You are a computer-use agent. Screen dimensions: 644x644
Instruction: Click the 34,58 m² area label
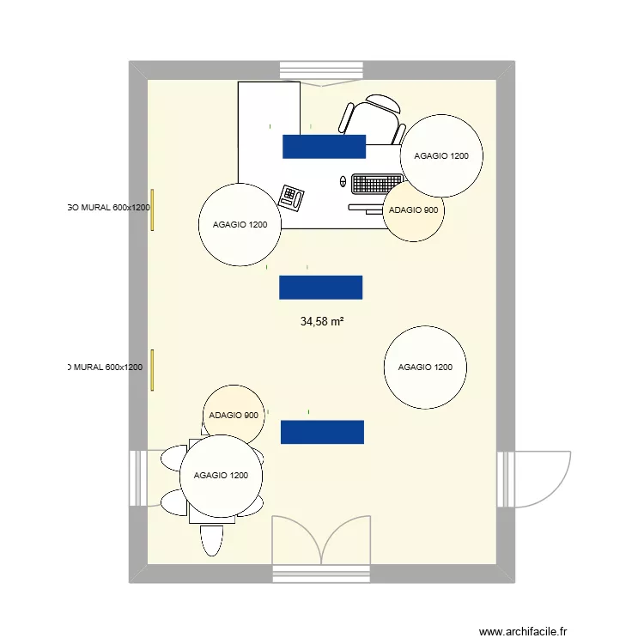click(x=322, y=322)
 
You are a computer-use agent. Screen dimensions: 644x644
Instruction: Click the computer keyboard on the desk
click(x=376, y=184)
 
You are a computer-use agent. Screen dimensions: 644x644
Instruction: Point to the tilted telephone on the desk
click(x=292, y=197)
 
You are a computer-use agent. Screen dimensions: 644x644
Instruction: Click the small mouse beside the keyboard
click(x=343, y=182)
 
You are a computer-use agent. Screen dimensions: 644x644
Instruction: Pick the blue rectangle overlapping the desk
click(x=325, y=147)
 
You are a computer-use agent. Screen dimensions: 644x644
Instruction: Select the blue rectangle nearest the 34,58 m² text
click(x=320, y=287)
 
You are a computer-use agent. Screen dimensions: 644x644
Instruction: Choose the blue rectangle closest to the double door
click(x=322, y=432)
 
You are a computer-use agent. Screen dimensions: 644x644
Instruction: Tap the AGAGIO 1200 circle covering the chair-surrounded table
click(x=221, y=476)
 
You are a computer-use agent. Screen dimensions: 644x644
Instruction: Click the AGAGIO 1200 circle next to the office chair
click(x=441, y=156)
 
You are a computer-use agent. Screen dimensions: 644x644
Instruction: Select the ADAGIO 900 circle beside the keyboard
click(x=413, y=211)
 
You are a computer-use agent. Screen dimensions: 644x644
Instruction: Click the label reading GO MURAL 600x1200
click(x=108, y=207)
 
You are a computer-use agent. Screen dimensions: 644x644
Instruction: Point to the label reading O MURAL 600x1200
click(x=105, y=368)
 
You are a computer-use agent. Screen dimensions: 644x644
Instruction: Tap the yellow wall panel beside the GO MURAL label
click(x=152, y=210)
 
